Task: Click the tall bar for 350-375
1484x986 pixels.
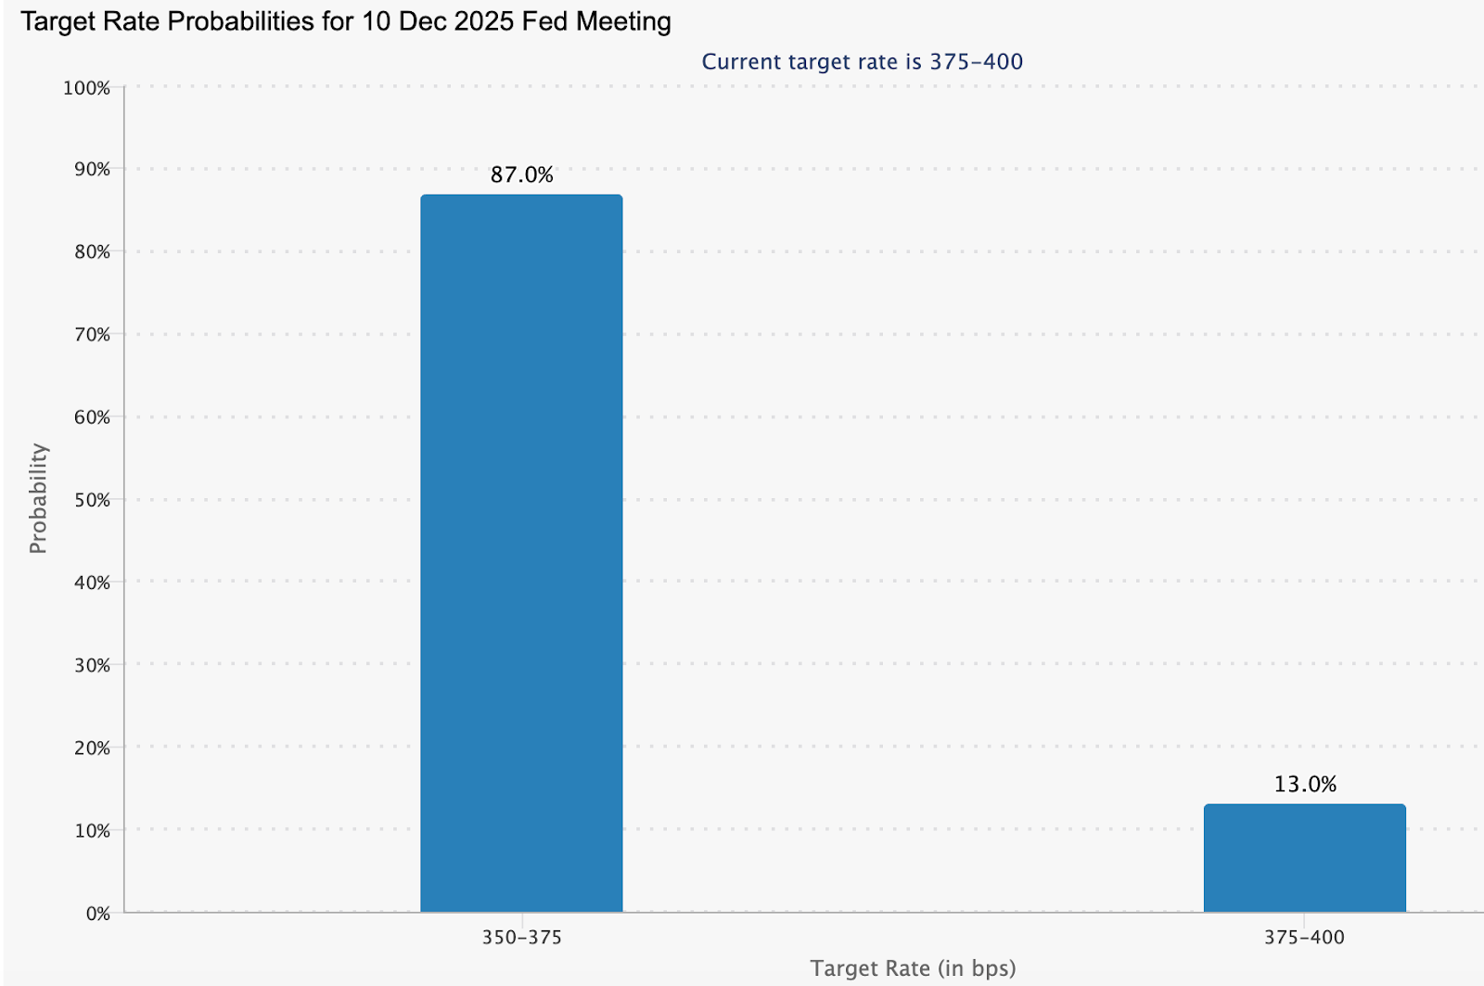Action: coord(521,554)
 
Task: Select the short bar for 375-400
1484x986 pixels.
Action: coord(1304,858)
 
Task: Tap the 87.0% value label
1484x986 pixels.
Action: coord(521,174)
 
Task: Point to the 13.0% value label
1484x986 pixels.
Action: coord(1304,784)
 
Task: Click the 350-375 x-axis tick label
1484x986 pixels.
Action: coord(521,937)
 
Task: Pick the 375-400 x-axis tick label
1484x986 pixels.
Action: coord(1304,937)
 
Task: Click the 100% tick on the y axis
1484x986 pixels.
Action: coord(86,88)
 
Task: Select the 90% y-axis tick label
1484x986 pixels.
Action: coord(91,170)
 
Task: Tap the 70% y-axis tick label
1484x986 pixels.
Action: coord(91,335)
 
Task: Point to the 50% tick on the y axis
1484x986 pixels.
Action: coord(91,500)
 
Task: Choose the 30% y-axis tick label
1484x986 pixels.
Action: coord(91,665)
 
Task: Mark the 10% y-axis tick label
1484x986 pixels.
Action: coord(91,830)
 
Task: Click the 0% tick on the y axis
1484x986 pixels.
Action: coord(97,914)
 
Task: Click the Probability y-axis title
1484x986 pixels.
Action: coord(38,499)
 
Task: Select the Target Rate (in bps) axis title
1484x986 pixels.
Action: coord(913,968)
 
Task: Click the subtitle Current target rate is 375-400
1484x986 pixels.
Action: coord(862,62)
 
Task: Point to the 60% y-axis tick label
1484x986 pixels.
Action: coord(91,417)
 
